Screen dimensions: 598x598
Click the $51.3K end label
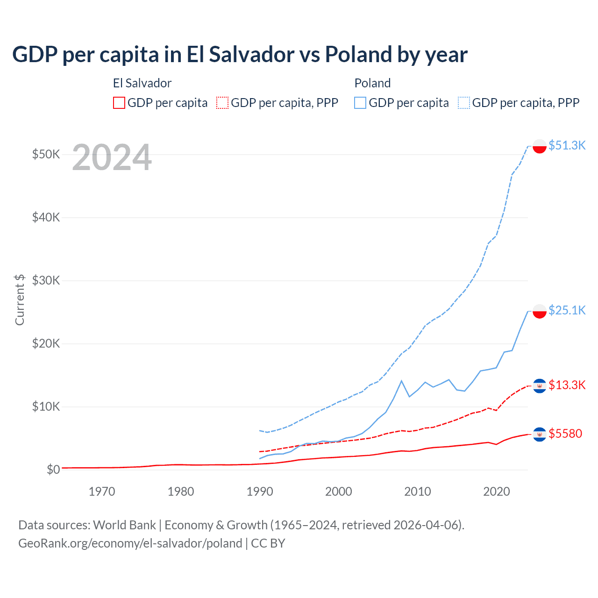[x=567, y=145]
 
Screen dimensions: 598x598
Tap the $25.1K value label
[x=567, y=310]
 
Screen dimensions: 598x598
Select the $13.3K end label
[x=567, y=385]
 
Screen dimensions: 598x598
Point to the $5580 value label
[x=565, y=434]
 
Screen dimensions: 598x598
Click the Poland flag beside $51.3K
[x=540, y=146]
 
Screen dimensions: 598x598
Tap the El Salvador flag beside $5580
[x=540, y=434]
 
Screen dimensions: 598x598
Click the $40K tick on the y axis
[x=46, y=217]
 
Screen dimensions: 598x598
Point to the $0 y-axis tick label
[x=53, y=470]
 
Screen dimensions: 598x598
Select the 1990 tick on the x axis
[x=260, y=491]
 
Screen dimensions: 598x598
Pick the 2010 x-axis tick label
[x=418, y=491]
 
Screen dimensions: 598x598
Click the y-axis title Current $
[x=20, y=299]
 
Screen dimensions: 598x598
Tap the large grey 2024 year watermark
[x=112, y=157]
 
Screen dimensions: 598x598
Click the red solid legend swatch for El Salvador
[x=119, y=103]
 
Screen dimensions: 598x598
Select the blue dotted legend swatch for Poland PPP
[x=464, y=103]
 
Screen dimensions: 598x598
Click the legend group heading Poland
[x=372, y=83]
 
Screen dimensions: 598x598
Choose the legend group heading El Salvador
[x=142, y=83]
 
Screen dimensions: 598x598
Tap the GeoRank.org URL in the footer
[x=130, y=543]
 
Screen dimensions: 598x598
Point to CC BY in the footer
[x=268, y=543]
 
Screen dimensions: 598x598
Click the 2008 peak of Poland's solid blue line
[x=401, y=381]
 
